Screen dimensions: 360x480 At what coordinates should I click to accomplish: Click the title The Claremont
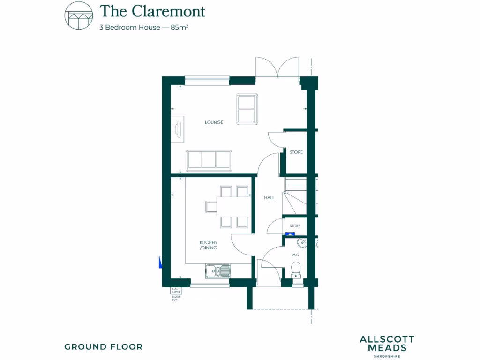click(x=152, y=10)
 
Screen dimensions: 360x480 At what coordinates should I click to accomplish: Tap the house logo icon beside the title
click(x=78, y=15)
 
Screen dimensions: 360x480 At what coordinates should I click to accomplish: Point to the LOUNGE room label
click(x=214, y=122)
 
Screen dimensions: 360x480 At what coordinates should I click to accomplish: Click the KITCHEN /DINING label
click(x=209, y=245)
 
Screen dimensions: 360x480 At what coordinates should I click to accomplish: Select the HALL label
click(x=269, y=198)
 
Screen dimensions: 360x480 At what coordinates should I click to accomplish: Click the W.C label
click(x=295, y=255)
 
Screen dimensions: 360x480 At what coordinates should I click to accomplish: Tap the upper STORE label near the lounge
click(x=296, y=152)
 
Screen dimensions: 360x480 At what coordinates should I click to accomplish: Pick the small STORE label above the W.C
click(x=295, y=226)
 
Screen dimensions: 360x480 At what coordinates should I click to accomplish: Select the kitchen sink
click(x=218, y=270)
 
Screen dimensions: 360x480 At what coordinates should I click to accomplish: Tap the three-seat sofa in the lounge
click(x=209, y=160)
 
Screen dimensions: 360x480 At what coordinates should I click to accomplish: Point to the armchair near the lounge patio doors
click(x=247, y=109)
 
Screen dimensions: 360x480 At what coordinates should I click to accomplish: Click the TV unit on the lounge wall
click(x=178, y=127)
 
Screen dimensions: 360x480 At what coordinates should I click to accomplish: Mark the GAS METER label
click(x=176, y=291)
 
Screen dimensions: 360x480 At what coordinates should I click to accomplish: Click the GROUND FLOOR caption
click(x=103, y=347)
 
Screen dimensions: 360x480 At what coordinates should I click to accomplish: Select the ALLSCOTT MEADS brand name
click(x=387, y=343)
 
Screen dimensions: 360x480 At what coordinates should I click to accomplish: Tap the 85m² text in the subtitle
click(x=179, y=27)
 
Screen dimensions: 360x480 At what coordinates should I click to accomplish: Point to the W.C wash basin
click(x=302, y=243)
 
